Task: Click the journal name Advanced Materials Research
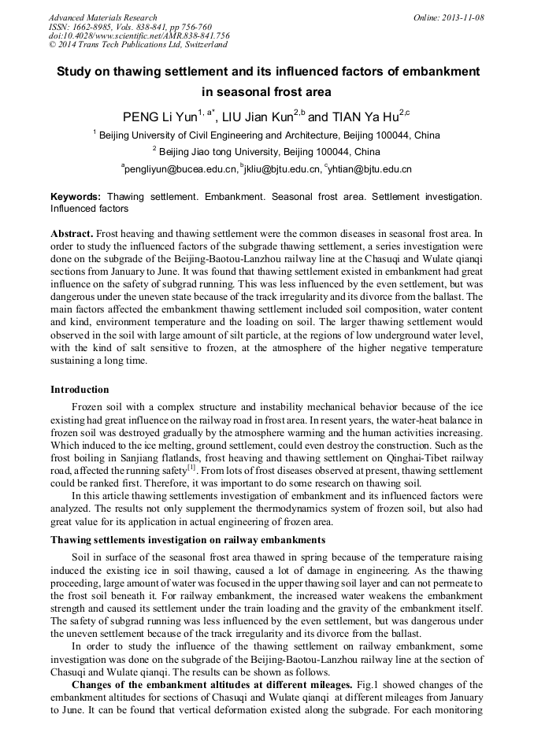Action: point(102,17)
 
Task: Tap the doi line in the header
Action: point(139,35)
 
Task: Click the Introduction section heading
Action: point(80,390)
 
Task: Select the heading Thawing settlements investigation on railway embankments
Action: point(187,539)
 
